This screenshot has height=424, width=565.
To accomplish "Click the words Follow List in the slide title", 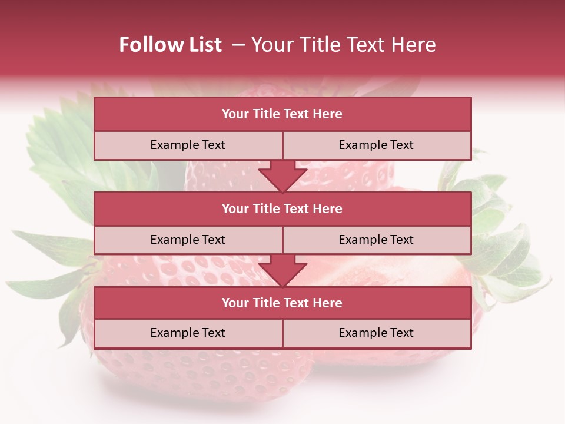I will point(170,45).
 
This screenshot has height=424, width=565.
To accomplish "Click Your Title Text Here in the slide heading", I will point(343,45).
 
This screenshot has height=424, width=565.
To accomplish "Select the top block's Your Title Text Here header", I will point(282,114).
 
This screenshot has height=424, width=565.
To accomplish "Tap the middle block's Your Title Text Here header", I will point(282,209).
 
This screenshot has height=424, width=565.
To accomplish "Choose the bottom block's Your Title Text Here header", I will point(282,303).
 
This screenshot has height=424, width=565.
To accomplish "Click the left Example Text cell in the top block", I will point(188,145).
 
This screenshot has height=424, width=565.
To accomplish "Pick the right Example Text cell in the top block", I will point(376,145).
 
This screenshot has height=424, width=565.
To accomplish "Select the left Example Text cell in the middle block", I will point(188,240).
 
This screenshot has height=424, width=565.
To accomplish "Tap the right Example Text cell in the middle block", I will point(376,240).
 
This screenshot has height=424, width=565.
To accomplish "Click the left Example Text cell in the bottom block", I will point(188,333).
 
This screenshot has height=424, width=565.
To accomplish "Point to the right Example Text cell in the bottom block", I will point(376,333).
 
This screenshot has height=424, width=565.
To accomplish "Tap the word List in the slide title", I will point(204,45).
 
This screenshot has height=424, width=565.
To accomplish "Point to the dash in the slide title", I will point(238,45).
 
